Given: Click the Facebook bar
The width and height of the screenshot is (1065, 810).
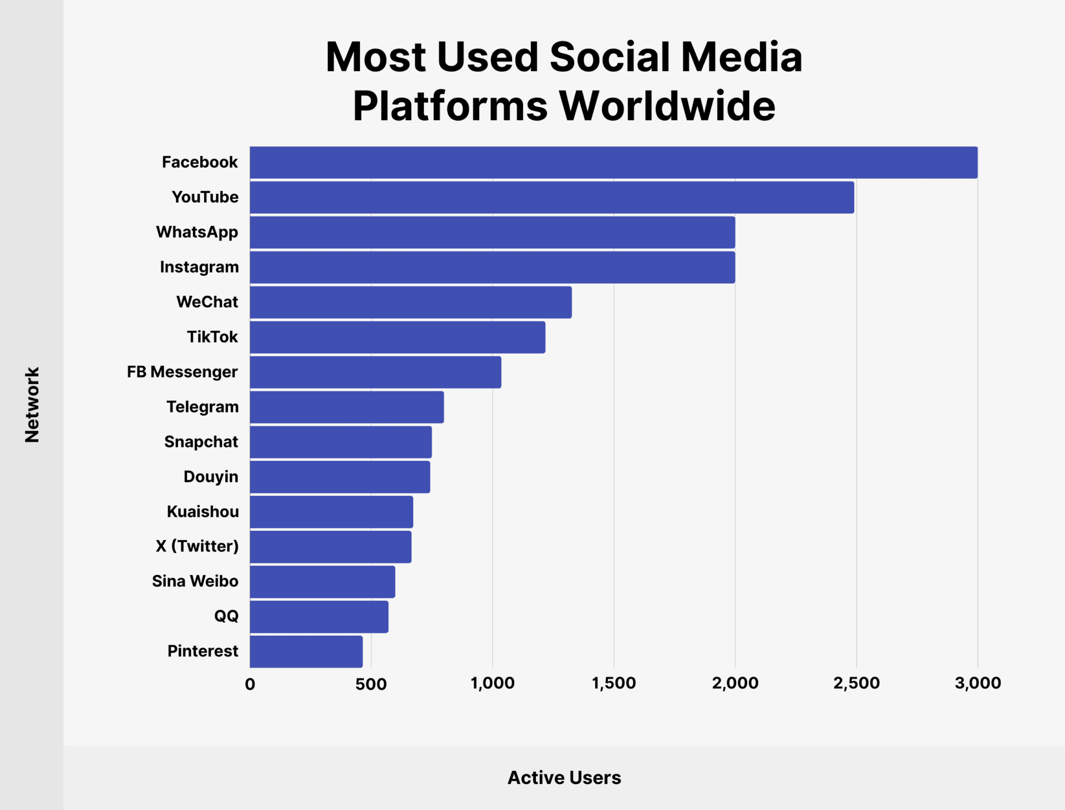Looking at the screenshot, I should (x=613, y=163).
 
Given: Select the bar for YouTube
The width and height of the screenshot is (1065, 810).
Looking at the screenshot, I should (x=552, y=198).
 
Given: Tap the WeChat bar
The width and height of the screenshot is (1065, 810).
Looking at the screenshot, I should (x=410, y=302).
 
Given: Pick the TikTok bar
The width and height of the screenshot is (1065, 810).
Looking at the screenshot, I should (x=397, y=337).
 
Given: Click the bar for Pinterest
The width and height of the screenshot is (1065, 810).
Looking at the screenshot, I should (x=306, y=651).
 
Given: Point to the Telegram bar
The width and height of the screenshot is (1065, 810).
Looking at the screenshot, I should (x=347, y=407).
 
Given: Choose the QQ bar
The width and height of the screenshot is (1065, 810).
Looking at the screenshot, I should (x=319, y=616).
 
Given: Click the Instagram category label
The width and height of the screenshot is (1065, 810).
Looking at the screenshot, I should (x=199, y=267).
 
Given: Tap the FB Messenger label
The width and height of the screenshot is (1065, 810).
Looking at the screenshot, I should (x=182, y=372).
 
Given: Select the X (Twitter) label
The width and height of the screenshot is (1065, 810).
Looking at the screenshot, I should (x=197, y=546).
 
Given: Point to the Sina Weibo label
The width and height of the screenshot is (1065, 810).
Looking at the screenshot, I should (x=195, y=581).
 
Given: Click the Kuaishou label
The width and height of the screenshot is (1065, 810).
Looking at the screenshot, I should (x=203, y=511).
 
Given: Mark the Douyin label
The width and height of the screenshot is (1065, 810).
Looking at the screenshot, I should (x=211, y=477).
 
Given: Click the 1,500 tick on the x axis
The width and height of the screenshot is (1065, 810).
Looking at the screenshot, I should (x=613, y=683).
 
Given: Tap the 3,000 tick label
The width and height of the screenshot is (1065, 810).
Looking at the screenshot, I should (x=977, y=683).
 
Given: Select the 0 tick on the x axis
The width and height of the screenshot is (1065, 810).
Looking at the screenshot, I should (x=250, y=684).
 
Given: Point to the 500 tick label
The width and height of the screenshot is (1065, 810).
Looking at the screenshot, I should (x=371, y=684).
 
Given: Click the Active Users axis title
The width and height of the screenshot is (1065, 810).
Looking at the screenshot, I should (x=564, y=778).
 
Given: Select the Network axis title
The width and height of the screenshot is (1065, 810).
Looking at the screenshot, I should (x=32, y=404).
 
